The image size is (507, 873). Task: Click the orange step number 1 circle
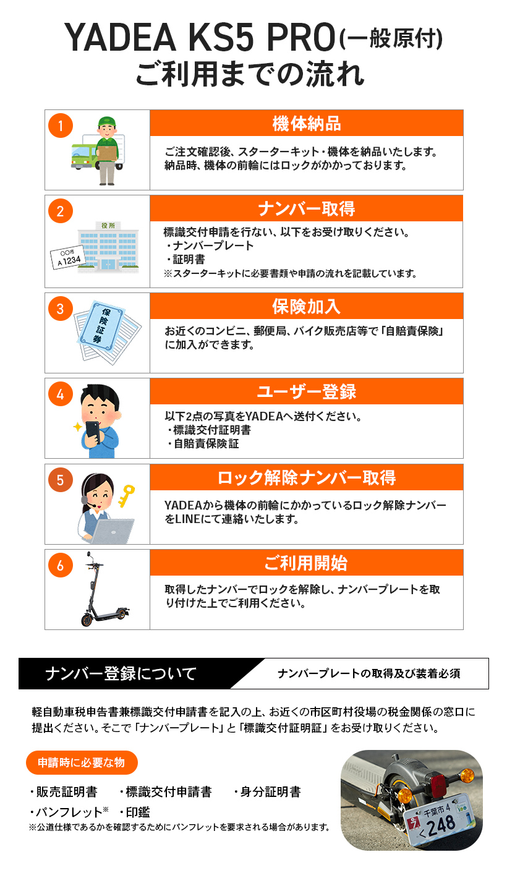[x=61, y=126]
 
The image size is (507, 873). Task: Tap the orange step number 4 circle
[x=61, y=394]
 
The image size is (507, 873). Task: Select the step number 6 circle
[x=61, y=564]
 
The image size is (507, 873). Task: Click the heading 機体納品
[x=306, y=124]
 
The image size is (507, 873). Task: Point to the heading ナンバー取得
[x=306, y=209]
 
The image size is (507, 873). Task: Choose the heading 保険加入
[x=306, y=307]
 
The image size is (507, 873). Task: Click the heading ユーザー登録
[x=306, y=392]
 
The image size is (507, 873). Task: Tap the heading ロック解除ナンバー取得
[x=306, y=478]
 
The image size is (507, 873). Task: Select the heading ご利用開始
[x=306, y=563]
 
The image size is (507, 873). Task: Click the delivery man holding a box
[x=107, y=150]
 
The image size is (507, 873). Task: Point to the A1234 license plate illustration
[x=64, y=257]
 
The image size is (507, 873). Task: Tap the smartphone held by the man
[x=92, y=432]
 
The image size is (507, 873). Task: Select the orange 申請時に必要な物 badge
[x=82, y=762]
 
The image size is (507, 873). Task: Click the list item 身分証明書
[x=270, y=792]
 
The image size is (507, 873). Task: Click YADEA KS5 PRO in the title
[x=201, y=40]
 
